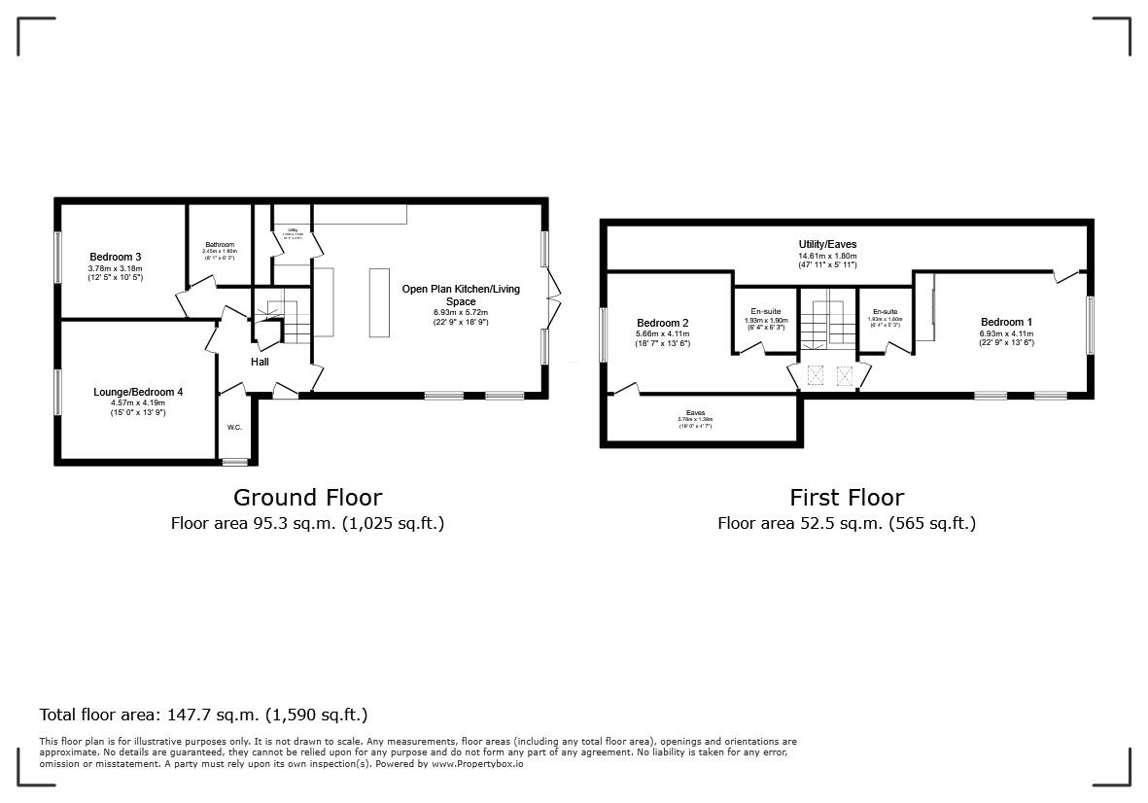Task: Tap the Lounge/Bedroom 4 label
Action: point(138,392)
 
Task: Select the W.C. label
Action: point(234,427)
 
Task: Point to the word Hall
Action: point(260,363)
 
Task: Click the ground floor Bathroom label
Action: point(220,245)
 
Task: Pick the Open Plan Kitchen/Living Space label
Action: point(461,295)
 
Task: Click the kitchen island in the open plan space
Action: point(379,301)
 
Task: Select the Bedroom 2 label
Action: point(663,323)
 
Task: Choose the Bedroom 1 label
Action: point(1006,322)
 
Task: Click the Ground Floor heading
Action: point(307,498)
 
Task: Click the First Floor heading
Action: point(846,498)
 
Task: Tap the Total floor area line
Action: point(203,715)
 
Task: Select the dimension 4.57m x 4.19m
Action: point(138,402)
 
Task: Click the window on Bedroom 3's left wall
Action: point(57,257)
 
